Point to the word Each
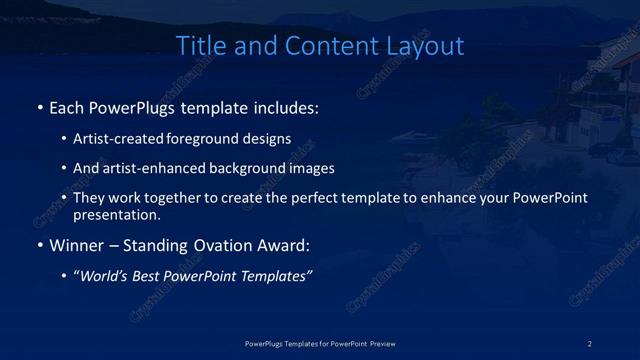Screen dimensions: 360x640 (x=68, y=107)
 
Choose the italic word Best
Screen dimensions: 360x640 (x=154, y=276)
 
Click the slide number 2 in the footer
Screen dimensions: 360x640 (x=590, y=343)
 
